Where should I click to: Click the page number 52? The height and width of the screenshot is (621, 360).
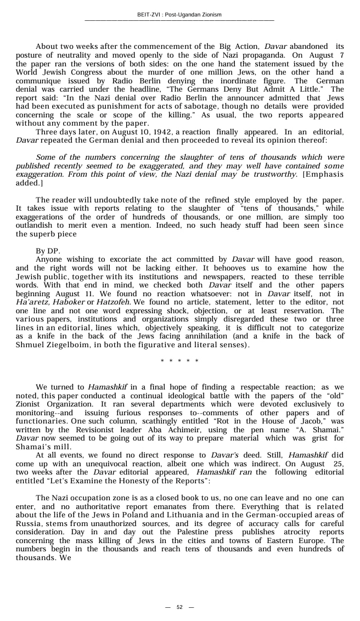tap(179, 607)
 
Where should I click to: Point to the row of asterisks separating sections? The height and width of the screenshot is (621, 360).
tap(179, 361)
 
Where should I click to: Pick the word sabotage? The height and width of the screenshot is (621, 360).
tap(182, 106)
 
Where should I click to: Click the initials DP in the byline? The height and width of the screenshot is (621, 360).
tap(53, 251)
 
